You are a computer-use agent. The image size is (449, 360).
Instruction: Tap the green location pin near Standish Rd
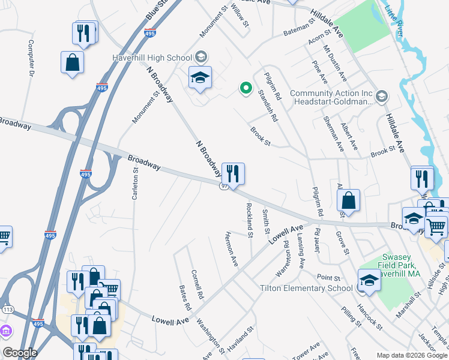coord(245,88)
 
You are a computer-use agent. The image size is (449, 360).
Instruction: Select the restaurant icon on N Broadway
coord(233,173)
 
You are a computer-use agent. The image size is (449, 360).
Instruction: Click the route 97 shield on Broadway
coord(223,187)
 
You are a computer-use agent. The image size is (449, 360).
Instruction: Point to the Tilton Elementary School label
coord(306,288)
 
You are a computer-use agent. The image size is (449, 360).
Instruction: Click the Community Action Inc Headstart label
coord(332,97)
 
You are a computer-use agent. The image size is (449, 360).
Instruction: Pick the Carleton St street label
coord(135,186)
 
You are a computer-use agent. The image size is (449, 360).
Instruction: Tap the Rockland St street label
coord(249,219)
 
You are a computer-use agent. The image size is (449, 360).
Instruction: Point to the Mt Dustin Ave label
coord(335,62)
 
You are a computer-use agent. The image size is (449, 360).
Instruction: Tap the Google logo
coord(20,353)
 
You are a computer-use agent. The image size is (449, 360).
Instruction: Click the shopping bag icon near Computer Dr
coord(72,62)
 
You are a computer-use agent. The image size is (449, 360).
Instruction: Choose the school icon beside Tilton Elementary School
coord(369,280)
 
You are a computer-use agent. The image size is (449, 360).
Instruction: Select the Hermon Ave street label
coord(231,248)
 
